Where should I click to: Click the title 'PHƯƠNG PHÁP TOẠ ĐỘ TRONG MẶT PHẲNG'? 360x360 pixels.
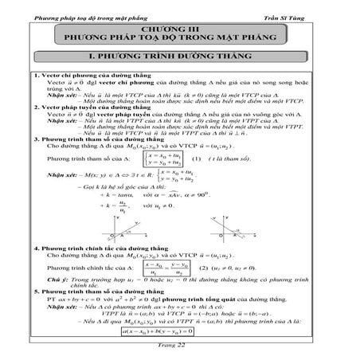point(179,37)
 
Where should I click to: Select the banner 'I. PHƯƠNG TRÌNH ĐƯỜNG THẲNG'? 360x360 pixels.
point(179,60)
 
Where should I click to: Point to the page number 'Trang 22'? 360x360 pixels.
point(179,352)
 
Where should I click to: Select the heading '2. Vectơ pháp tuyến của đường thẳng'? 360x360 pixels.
point(80,106)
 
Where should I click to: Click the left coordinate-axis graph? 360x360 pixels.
point(131,225)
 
